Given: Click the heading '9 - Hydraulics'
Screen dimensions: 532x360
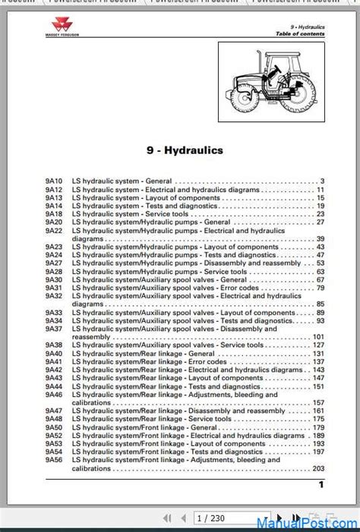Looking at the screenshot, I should point(185,150).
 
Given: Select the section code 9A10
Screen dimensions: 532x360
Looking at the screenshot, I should point(53,181).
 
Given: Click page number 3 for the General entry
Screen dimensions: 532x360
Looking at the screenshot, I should point(321,181).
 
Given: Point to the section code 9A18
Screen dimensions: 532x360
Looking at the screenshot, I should point(53,214).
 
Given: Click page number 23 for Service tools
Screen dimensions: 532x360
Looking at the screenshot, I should point(320,214).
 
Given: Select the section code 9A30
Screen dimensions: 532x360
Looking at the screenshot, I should point(53,280).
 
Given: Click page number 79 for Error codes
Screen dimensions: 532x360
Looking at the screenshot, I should point(320,288).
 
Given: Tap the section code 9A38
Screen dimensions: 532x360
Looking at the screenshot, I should point(53,345).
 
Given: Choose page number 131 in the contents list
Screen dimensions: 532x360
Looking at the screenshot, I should point(317,354).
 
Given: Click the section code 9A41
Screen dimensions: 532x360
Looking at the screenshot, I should point(53,362).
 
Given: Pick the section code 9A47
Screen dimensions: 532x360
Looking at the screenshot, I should point(53,411).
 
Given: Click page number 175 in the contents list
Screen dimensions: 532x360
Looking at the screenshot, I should point(317,419).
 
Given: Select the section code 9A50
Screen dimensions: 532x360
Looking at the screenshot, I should point(53,427).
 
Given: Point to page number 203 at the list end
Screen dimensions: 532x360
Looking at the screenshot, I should point(317,468).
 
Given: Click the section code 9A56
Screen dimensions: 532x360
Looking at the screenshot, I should point(53,460).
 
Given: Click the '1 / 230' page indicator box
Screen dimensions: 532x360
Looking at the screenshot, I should point(212,518).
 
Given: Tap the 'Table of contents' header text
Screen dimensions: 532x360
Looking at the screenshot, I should point(300,34).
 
